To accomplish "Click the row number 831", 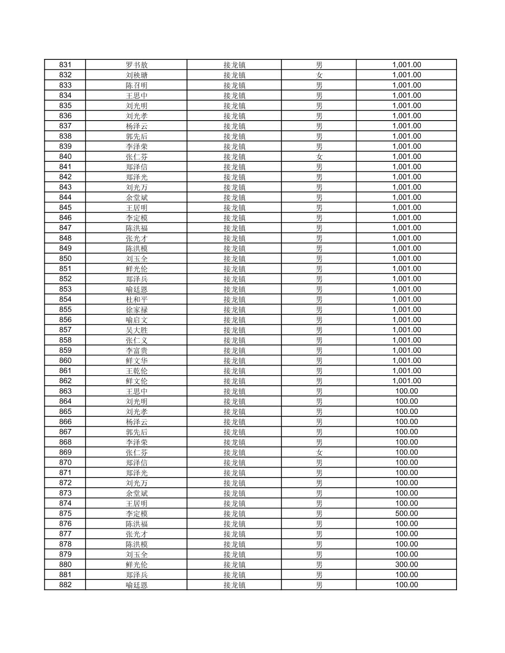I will click(x=65, y=65).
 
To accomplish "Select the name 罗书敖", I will click(x=137, y=65).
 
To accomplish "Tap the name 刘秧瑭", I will click(x=137, y=75).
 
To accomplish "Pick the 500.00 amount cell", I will click(x=406, y=514).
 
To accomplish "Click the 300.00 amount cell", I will click(x=406, y=564).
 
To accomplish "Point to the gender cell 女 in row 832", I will click(x=319, y=75).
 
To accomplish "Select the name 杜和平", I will click(x=137, y=299).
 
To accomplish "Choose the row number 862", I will click(x=65, y=381).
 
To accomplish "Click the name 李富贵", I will click(x=137, y=350).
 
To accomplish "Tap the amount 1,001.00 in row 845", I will click(x=406, y=207).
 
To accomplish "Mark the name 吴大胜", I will click(x=137, y=330).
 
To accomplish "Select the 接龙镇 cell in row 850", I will click(x=234, y=259).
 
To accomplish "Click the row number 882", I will click(x=65, y=585).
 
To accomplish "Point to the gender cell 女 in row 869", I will click(x=319, y=452).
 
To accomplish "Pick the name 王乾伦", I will click(x=137, y=371).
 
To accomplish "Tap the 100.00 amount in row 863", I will click(x=406, y=391).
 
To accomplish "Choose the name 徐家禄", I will click(x=137, y=310).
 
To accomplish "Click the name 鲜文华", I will click(x=137, y=361).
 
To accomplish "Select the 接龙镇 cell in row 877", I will click(x=234, y=534).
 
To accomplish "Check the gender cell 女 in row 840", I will click(x=319, y=157).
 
